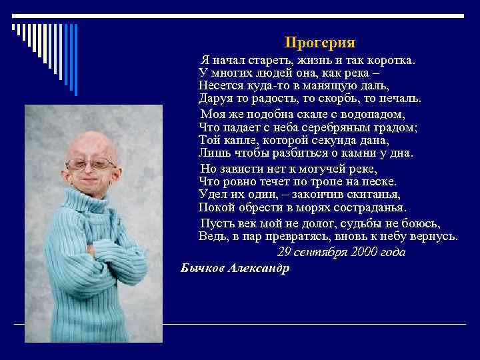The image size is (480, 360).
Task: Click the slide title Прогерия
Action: pos(319,43)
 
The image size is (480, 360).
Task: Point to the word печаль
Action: pos(400,99)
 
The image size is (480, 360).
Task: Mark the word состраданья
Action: pos(363,207)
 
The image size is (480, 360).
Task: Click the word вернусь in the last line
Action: pos(435,236)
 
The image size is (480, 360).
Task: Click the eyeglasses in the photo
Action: pos(93,164)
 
